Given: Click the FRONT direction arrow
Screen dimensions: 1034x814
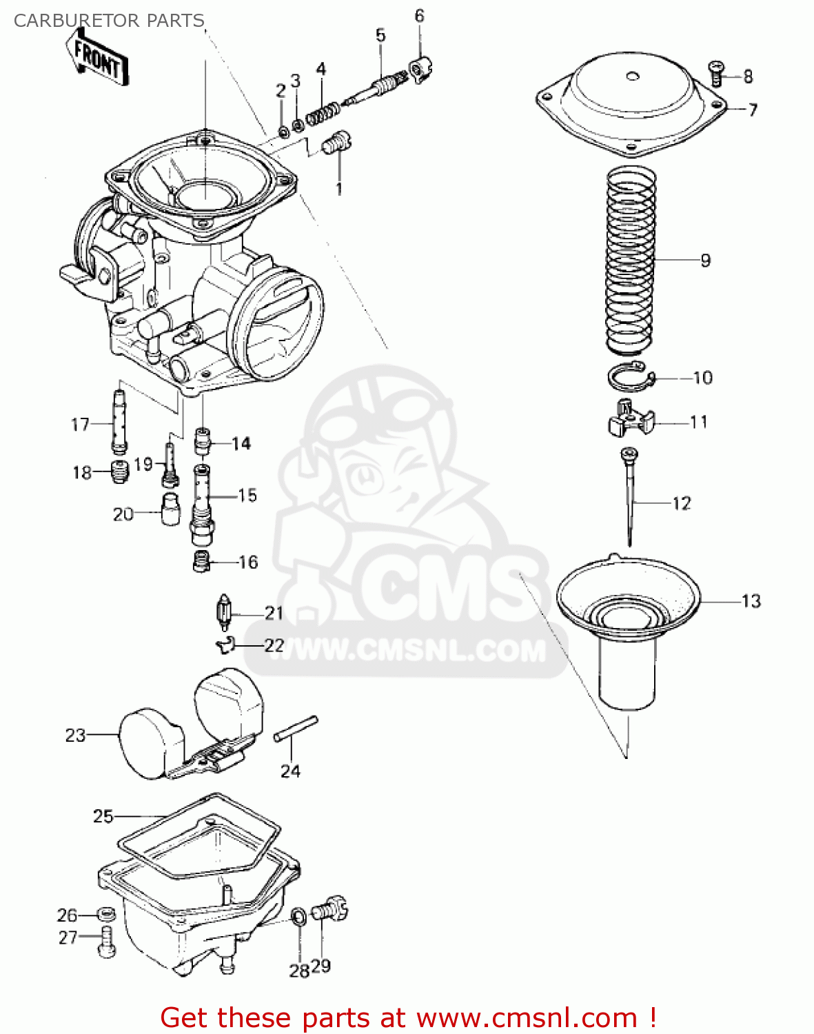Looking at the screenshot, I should pyautogui.click(x=97, y=60).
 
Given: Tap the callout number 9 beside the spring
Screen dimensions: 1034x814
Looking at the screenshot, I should pyautogui.click(x=705, y=261).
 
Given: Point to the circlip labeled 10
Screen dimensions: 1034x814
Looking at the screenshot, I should pyautogui.click(x=629, y=376).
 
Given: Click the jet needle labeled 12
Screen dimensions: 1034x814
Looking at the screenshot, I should pyautogui.click(x=630, y=496).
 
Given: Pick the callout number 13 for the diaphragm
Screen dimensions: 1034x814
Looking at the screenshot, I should pyautogui.click(x=751, y=601).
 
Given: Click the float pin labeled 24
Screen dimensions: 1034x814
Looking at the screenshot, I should pyautogui.click(x=296, y=729).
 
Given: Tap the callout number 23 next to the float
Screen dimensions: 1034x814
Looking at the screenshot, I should pyautogui.click(x=75, y=736).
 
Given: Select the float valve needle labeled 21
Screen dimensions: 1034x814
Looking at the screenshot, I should pyautogui.click(x=223, y=611).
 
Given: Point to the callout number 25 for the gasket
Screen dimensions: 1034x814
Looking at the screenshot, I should pyautogui.click(x=103, y=816).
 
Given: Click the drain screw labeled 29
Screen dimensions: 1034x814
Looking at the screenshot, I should pyautogui.click(x=330, y=910).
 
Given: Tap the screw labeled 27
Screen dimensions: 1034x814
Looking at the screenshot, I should pyautogui.click(x=108, y=942).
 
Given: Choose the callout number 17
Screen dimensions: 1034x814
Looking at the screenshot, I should pyautogui.click(x=80, y=425).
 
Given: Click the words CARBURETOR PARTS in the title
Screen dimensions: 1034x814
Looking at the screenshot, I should pyautogui.click(x=109, y=20).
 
